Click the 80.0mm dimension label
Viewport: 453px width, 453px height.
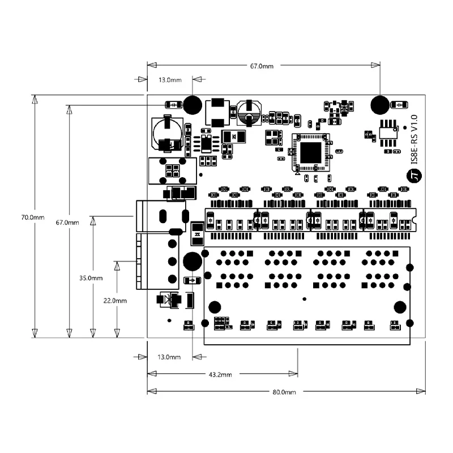pyautogui.click(x=284, y=392)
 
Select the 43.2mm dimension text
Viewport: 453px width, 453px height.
pyautogui.click(x=220, y=375)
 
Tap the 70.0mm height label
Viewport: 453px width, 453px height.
pyautogui.click(x=33, y=217)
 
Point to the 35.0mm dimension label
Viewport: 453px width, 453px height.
pyautogui.click(x=91, y=278)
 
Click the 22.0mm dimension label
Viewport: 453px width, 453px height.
pyautogui.click(x=115, y=301)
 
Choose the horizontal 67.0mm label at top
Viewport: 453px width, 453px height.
pyautogui.click(x=262, y=66)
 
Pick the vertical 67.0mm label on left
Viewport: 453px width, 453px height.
pyautogui.click(x=67, y=223)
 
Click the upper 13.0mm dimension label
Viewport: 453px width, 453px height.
pyautogui.click(x=170, y=80)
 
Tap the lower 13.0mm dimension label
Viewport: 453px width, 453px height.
pyautogui.click(x=169, y=357)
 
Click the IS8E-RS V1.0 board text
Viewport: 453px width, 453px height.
pyautogui.click(x=414, y=139)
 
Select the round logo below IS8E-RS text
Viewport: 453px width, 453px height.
pyautogui.click(x=414, y=176)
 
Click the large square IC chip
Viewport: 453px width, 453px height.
pyautogui.click(x=310, y=152)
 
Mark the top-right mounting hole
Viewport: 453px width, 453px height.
pyautogui.click(x=380, y=105)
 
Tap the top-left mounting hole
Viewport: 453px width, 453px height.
pyautogui.click(x=193, y=105)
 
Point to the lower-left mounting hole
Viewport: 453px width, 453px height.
pyautogui.click(x=193, y=262)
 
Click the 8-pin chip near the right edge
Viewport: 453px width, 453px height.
pyautogui.click(x=388, y=133)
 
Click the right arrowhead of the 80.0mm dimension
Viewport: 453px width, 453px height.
pyautogui.click(x=421, y=391)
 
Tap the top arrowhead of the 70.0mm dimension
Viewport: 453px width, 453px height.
pyautogui.click(x=35, y=100)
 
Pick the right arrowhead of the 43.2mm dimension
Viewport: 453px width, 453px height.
pyautogui.click(x=293, y=374)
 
